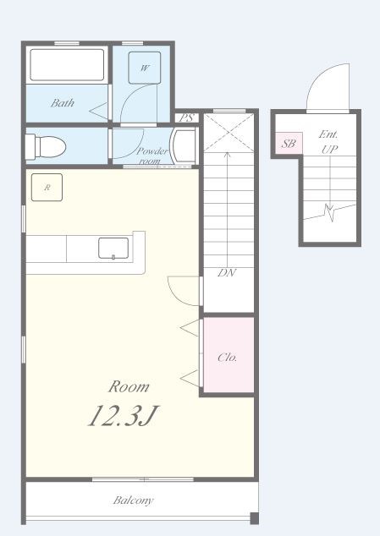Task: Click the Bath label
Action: click(63, 103)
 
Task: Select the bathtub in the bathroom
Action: click(67, 65)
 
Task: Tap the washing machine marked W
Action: click(145, 68)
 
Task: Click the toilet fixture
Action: click(46, 147)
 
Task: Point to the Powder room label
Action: click(152, 156)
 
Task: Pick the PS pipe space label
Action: click(186, 118)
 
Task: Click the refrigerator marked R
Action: click(47, 188)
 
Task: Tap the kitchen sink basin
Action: click(113, 249)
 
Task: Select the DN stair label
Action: click(227, 273)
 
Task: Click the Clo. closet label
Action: click(228, 358)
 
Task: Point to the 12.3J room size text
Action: click(124, 416)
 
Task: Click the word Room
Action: click(129, 386)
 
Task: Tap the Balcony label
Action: click(133, 500)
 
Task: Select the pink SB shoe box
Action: click(289, 143)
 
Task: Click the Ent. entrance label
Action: click(328, 134)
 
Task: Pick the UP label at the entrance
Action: click(329, 149)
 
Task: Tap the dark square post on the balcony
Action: click(255, 518)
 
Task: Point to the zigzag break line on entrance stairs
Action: click(330, 212)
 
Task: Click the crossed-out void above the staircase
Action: click(229, 133)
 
